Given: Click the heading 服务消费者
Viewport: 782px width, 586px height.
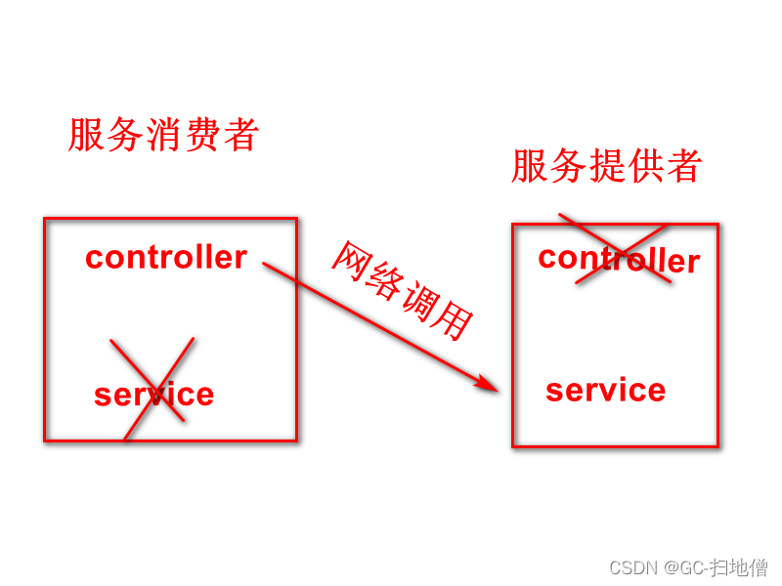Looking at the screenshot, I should [x=163, y=135].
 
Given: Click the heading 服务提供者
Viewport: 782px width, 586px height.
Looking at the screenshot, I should [x=606, y=166].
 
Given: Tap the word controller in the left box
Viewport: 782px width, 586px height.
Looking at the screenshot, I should [x=166, y=257].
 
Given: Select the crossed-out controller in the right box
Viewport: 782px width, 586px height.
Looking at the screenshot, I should [x=619, y=259].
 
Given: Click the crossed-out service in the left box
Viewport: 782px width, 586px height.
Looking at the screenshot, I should [x=153, y=395].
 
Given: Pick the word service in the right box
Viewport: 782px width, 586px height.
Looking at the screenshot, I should [x=605, y=390].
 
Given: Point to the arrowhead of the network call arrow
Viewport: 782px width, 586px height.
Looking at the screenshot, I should [x=492, y=387].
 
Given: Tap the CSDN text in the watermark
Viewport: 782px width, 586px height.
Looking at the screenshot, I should [x=630, y=567].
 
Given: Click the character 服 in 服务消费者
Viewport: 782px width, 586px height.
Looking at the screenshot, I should [x=86, y=135].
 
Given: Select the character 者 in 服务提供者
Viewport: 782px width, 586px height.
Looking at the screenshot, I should [x=684, y=166].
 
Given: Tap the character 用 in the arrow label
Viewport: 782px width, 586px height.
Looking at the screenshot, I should [x=455, y=321].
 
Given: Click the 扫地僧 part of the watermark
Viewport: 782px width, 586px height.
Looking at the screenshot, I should [x=739, y=567].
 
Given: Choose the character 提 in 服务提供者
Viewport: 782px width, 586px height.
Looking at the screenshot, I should [x=608, y=166].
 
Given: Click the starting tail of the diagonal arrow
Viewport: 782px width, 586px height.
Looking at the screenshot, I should [x=266, y=264].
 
